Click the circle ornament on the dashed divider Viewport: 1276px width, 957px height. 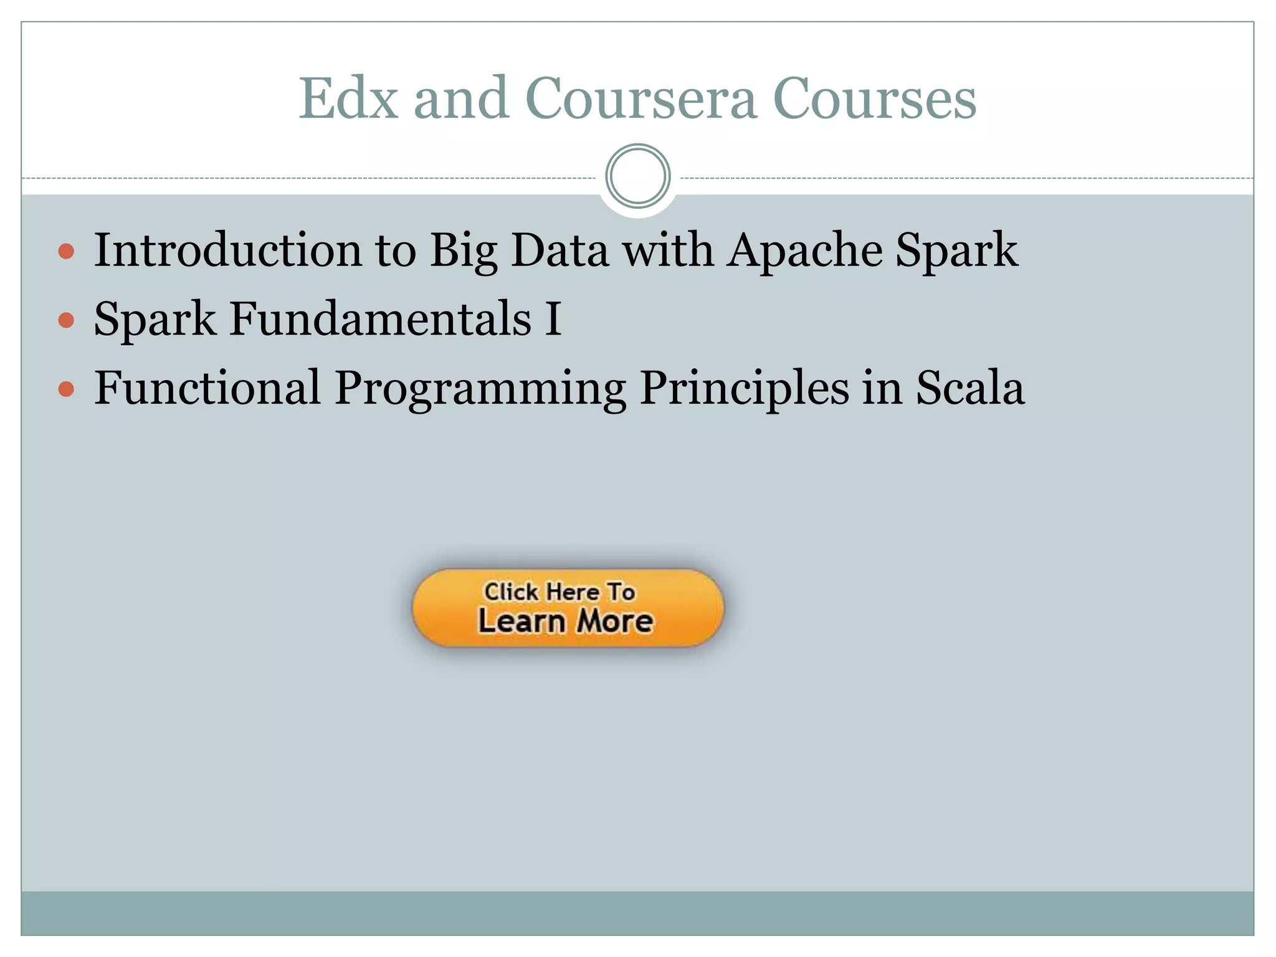(637, 176)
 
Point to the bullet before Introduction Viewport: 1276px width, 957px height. (66, 252)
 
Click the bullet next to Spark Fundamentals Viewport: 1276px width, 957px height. (66, 321)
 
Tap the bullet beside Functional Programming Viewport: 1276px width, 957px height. (66, 390)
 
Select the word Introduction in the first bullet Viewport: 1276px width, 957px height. (227, 250)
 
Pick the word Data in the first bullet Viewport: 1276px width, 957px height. (559, 250)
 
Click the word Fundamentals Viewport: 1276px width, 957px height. (380, 319)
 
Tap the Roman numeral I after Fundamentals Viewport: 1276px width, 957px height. (553, 319)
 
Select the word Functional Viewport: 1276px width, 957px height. (207, 388)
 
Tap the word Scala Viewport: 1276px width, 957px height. (969, 388)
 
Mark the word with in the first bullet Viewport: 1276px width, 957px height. (668, 250)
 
